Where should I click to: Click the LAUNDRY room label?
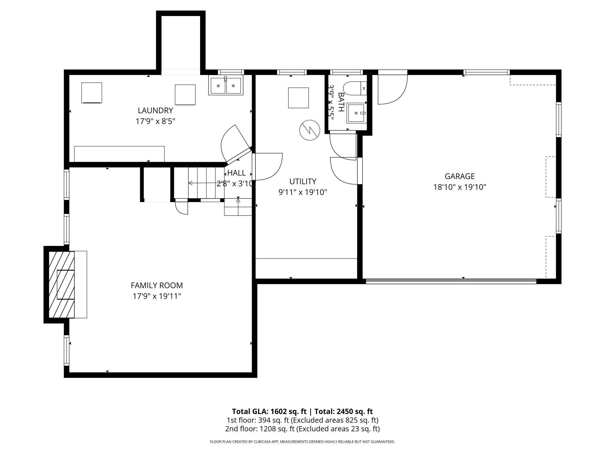[155, 111]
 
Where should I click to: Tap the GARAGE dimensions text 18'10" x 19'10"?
[460, 187]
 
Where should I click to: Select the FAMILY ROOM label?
[157, 285]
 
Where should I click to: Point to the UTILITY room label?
[303, 182]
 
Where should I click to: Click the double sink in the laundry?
[226, 86]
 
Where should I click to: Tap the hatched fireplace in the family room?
[62, 284]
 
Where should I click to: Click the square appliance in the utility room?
[298, 98]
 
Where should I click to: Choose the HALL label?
[236, 173]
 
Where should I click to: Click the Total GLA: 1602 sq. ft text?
[269, 412]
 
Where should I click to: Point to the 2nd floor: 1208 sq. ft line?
[302, 429]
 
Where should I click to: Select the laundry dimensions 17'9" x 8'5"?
[155, 121]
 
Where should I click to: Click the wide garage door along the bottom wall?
[451, 281]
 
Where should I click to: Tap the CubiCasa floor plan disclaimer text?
[302, 442]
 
